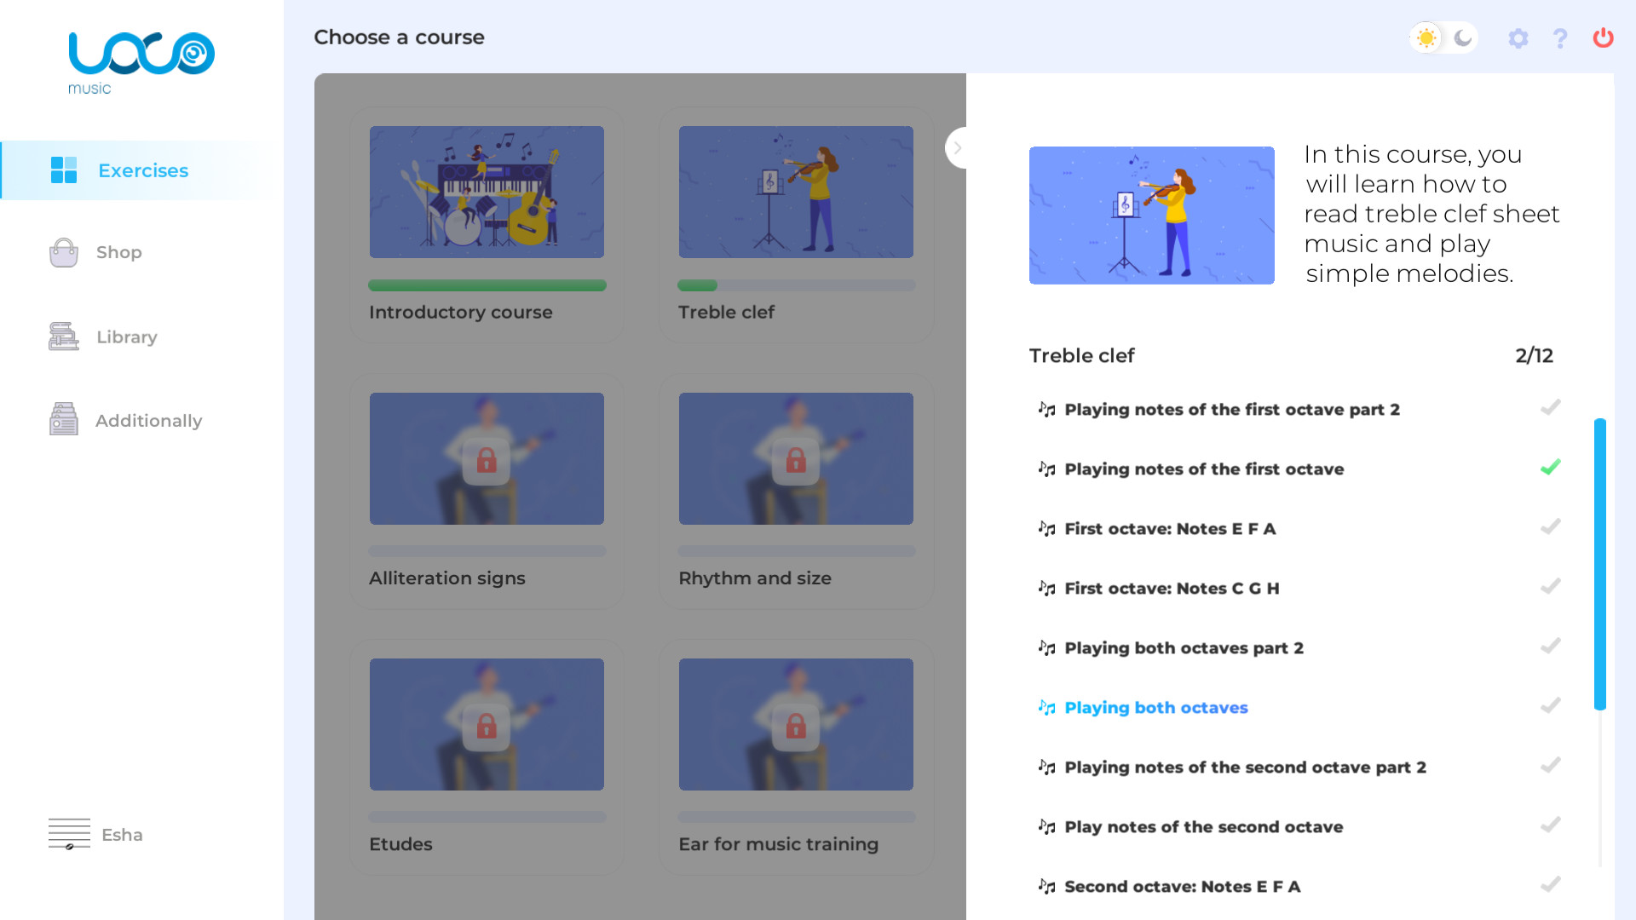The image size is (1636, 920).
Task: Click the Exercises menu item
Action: pyautogui.click(x=142, y=170)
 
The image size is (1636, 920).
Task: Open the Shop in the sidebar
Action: pyautogui.click(x=118, y=252)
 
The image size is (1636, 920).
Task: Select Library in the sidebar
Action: pyautogui.click(x=126, y=336)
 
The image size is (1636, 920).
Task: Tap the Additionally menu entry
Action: pyautogui.click(x=148, y=421)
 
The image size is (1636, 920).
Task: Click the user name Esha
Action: pyautogui.click(x=122, y=835)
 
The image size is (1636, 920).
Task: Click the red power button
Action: pyautogui.click(x=1603, y=37)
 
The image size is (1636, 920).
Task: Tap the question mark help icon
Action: pyautogui.click(x=1560, y=38)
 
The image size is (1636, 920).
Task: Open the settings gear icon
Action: pyautogui.click(x=1518, y=38)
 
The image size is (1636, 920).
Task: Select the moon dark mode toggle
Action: pyautogui.click(x=1463, y=37)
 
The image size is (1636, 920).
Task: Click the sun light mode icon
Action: pyautogui.click(x=1426, y=37)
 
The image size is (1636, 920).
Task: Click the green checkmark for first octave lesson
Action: pyautogui.click(x=1550, y=468)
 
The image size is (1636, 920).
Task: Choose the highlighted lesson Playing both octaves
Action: pyautogui.click(x=1155, y=708)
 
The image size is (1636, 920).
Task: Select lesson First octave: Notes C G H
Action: pyautogui.click(x=1172, y=589)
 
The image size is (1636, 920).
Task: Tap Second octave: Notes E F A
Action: pyautogui.click(x=1182, y=887)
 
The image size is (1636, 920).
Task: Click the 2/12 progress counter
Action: pyautogui.click(x=1534, y=356)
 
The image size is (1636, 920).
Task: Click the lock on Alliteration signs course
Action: pyautogui.click(x=487, y=461)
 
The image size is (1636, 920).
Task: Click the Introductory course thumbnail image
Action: pyautogui.click(x=487, y=192)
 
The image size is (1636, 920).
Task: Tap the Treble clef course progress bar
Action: pyautogui.click(x=796, y=285)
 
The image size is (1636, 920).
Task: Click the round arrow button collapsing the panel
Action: pyautogui.click(x=958, y=148)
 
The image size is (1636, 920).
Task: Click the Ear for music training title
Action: pyautogui.click(x=778, y=844)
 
